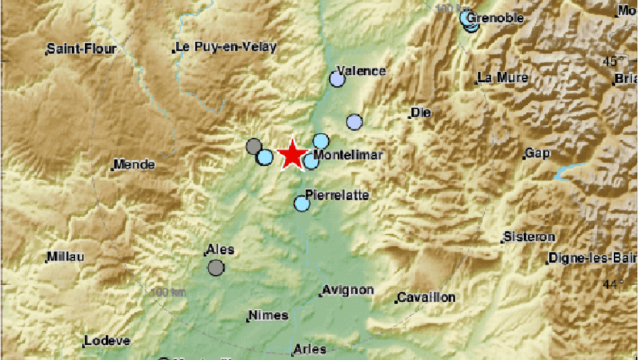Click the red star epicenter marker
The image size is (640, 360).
(291, 155)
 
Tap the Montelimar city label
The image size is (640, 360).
(347, 155)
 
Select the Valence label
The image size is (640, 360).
(361, 71)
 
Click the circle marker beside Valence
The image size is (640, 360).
(337, 80)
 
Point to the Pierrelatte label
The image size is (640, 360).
(337, 195)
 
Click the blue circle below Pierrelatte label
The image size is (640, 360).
(302, 203)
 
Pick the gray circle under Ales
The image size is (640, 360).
(216, 267)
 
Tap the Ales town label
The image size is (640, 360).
(219, 250)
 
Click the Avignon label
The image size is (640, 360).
(349, 290)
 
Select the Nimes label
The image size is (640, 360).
(268, 316)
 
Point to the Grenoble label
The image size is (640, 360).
(496, 18)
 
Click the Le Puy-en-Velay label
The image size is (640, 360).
(226, 47)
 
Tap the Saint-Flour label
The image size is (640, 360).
(82, 48)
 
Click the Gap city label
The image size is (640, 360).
(537, 154)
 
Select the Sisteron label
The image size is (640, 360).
(529, 237)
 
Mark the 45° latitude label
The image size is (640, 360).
(612, 61)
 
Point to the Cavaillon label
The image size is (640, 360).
(426, 297)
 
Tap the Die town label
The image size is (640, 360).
(421, 113)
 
